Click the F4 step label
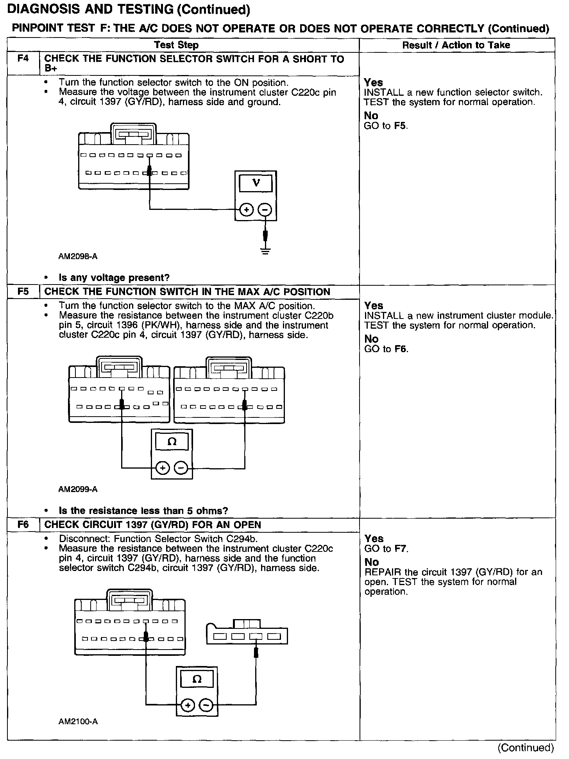tap(23, 59)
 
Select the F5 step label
tap(23, 292)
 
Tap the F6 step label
tap(23, 524)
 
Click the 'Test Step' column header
tap(176, 45)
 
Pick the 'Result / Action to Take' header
tap(456, 45)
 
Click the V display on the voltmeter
tap(256, 183)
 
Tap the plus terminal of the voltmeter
tap(246, 210)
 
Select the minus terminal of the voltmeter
tap(265, 210)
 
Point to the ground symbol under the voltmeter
tap(265, 250)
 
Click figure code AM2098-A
tap(78, 257)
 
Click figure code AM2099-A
tap(78, 489)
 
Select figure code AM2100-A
tap(78, 721)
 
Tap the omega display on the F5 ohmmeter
tap(172, 442)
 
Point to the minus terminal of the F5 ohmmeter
tap(181, 467)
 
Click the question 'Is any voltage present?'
tap(114, 278)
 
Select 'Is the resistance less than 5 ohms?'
tap(143, 510)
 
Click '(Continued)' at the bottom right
tap(525, 748)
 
